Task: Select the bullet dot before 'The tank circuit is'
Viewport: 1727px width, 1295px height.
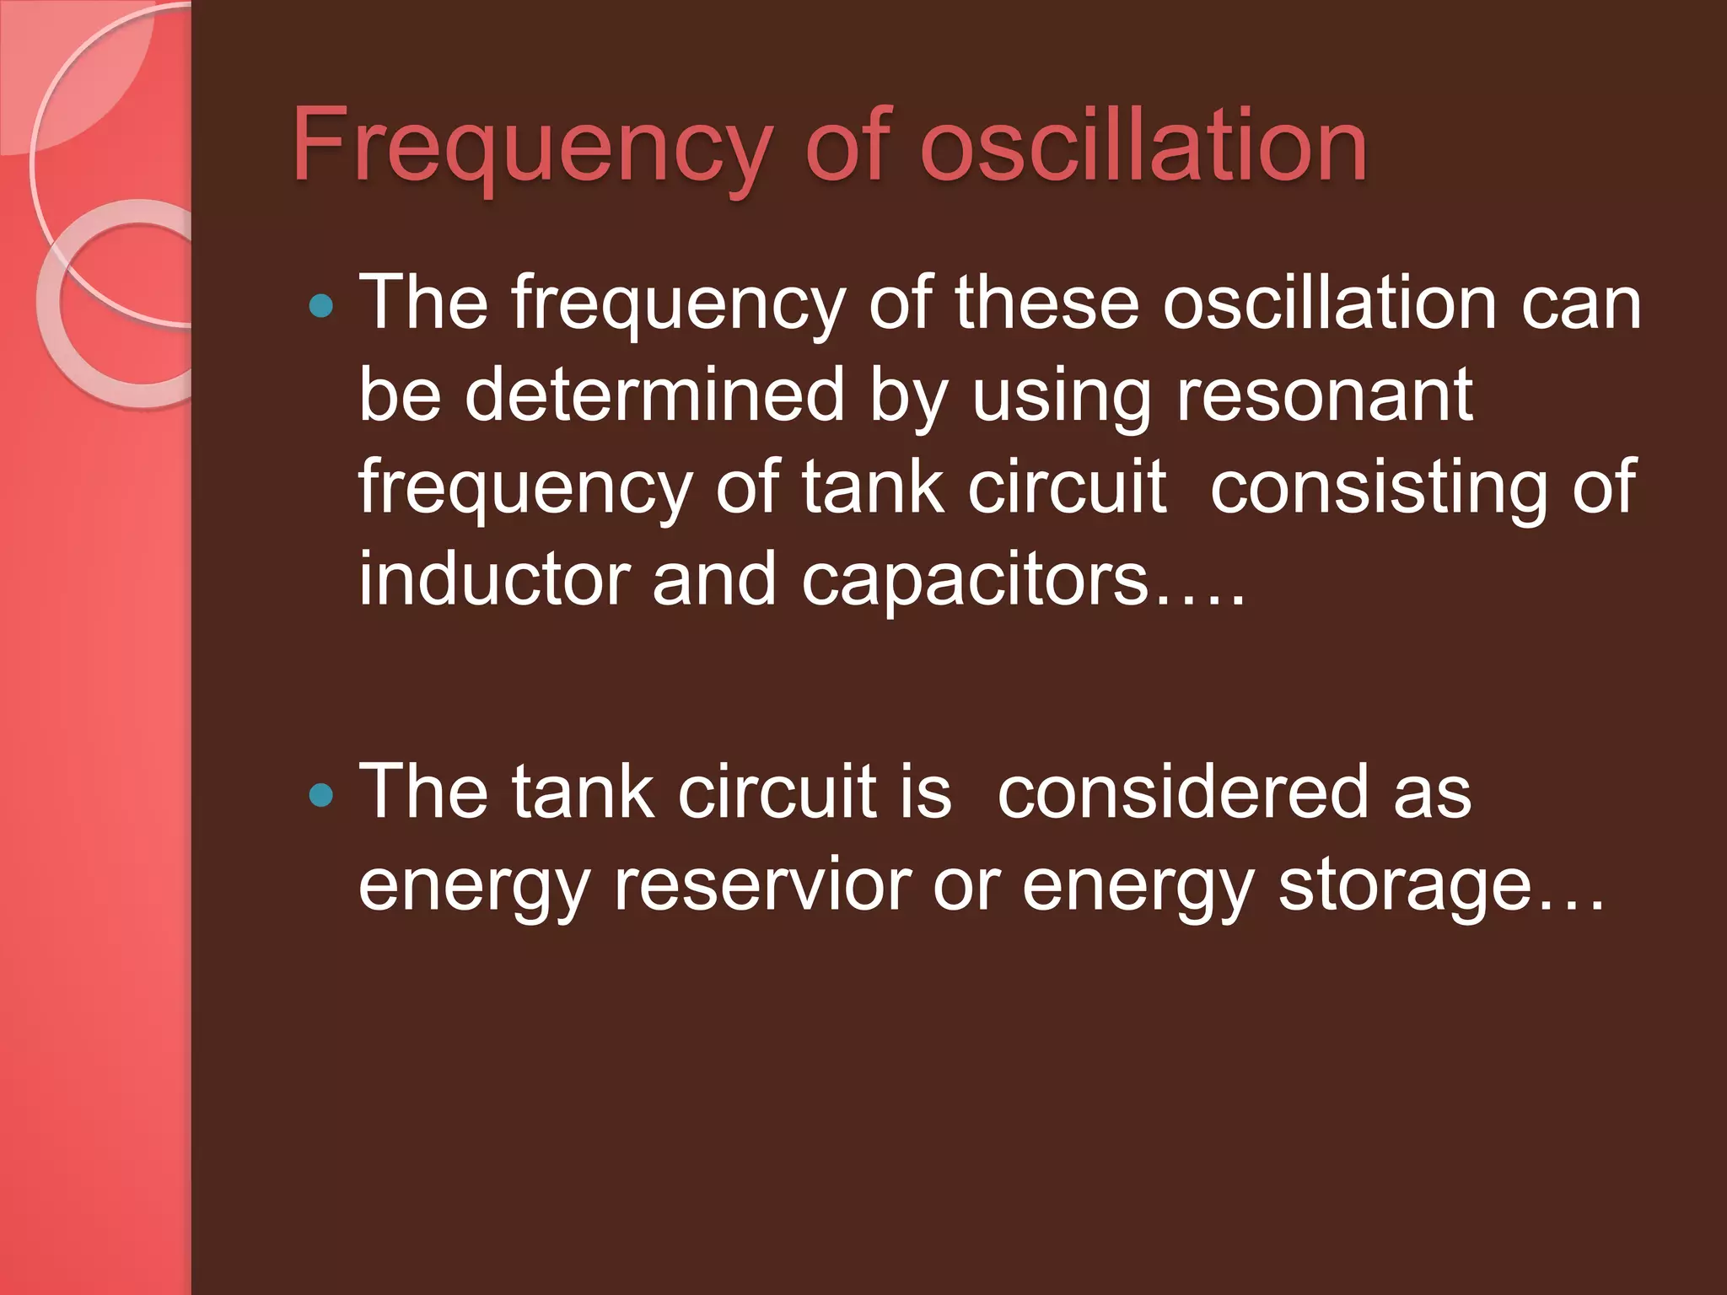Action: click(321, 794)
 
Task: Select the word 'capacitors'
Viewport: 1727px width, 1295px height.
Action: click(975, 582)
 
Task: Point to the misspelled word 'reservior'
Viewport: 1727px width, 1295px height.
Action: click(762, 885)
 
